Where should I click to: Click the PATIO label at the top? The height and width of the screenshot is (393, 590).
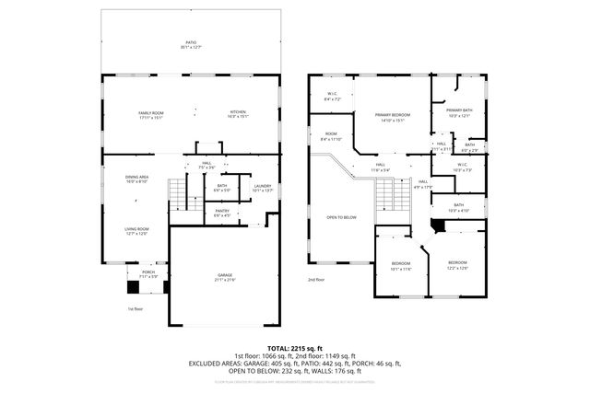point(192,43)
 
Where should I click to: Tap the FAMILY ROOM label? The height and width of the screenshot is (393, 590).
point(149,114)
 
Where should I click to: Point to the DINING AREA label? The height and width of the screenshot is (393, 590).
point(137,179)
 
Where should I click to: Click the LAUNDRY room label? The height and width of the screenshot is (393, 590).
point(263,188)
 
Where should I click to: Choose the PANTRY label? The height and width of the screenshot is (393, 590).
point(222,214)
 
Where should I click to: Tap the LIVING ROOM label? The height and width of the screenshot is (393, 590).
point(137,230)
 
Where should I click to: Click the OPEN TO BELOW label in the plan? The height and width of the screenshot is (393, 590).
point(341,217)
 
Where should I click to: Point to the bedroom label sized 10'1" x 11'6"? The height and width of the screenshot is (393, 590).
point(401,268)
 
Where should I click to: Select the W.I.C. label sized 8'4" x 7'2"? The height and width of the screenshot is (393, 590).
point(334,96)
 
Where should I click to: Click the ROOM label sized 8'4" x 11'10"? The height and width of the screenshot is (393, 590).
point(332,137)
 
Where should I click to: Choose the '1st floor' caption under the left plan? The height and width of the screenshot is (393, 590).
point(136,309)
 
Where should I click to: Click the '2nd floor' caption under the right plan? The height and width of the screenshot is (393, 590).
point(316,280)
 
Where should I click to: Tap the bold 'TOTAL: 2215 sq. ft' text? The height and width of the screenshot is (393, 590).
point(294,346)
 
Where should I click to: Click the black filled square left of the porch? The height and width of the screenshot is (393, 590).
point(133,286)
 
